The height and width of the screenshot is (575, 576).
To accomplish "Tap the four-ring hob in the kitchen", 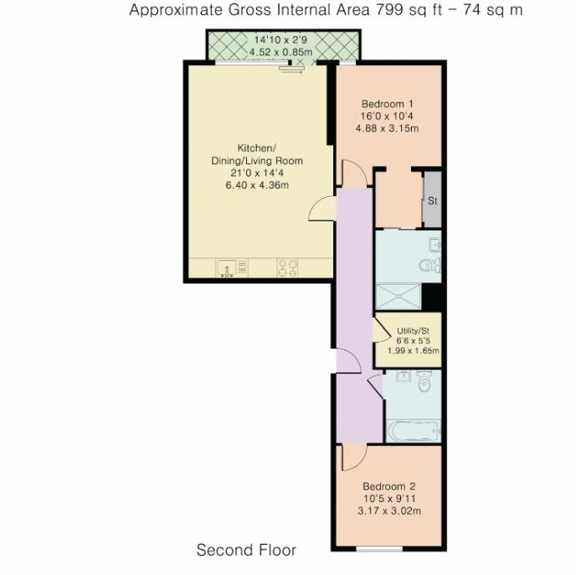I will (x=287, y=267).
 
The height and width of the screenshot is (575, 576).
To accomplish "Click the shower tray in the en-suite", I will (x=399, y=296).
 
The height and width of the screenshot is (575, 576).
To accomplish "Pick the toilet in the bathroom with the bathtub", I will (x=423, y=382).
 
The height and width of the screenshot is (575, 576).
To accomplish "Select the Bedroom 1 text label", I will (x=386, y=104).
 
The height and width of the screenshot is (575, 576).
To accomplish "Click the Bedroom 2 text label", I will (x=388, y=486).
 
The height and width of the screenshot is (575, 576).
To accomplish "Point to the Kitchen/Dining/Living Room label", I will (x=256, y=154).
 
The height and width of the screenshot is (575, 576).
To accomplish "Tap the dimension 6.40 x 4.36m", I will (x=256, y=185).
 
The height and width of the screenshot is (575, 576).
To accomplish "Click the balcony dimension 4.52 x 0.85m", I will (x=280, y=52).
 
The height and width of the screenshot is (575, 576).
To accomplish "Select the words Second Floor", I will (x=246, y=551).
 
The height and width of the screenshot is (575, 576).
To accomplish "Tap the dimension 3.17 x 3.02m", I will (x=388, y=510).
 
